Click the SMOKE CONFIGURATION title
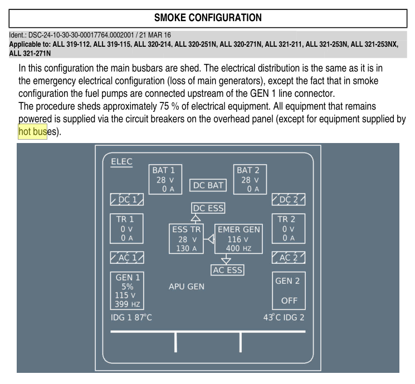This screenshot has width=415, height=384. click(x=208, y=18)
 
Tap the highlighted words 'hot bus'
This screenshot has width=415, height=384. click(x=32, y=131)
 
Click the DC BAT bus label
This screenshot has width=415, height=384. click(x=208, y=185)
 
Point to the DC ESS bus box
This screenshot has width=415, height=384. click(x=208, y=208)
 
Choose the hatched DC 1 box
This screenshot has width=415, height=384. click(x=127, y=199)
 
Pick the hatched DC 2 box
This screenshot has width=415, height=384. click(x=289, y=199)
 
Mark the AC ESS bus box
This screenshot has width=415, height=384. click(x=227, y=270)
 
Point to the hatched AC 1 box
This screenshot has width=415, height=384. click(x=127, y=257)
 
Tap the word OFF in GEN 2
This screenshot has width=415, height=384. click(x=289, y=301)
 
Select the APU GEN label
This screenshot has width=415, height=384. click(x=187, y=287)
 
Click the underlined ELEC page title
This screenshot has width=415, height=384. click(x=121, y=161)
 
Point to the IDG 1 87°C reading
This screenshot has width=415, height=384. click(x=131, y=317)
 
